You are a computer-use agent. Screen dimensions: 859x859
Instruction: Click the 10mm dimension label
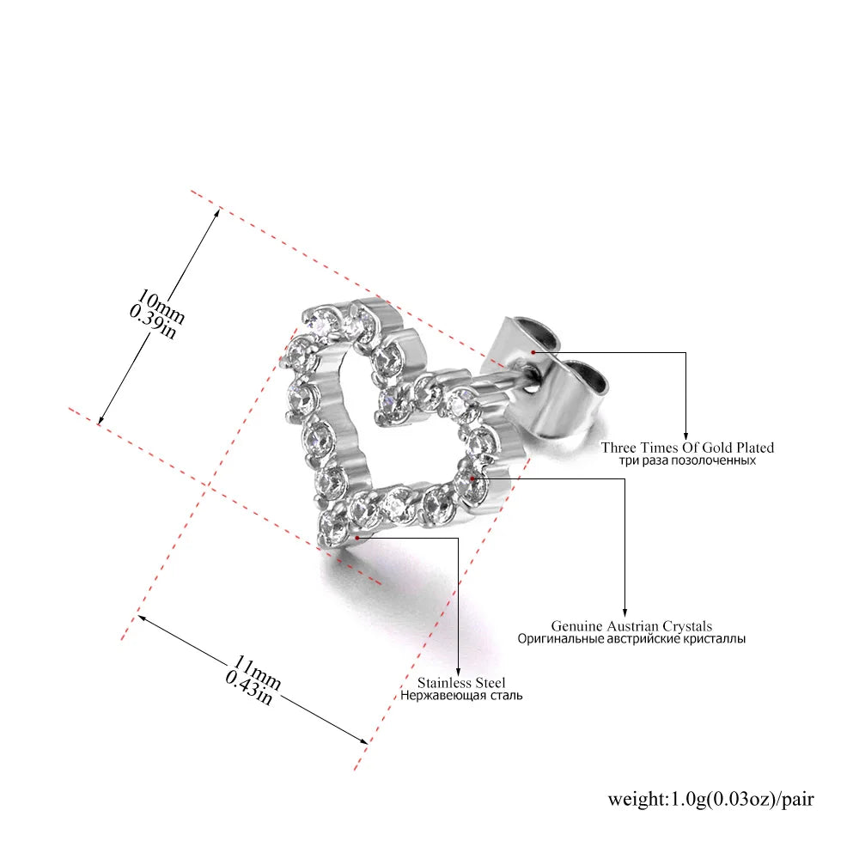(x=161, y=306)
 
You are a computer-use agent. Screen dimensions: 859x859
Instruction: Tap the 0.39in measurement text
(x=153, y=322)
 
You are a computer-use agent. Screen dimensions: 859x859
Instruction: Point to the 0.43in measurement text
(x=249, y=688)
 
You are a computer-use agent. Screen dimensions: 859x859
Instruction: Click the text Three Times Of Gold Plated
(x=687, y=448)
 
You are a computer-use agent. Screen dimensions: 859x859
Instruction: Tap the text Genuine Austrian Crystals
(x=631, y=625)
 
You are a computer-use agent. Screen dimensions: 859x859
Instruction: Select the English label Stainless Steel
(x=461, y=683)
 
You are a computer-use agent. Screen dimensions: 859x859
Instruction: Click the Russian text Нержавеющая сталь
(x=461, y=696)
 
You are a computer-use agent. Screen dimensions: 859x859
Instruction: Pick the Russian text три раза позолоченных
(x=687, y=460)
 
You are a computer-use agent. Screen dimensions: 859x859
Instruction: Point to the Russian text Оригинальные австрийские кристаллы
(x=631, y=639)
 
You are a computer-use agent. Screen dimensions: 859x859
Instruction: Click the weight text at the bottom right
(x=710, y=799)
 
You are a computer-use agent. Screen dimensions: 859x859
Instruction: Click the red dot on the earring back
(x=533, y=352)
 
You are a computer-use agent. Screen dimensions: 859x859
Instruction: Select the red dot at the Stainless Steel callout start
(x=357, y=538)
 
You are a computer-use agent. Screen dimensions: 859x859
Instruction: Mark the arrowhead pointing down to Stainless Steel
(x=459, y=673)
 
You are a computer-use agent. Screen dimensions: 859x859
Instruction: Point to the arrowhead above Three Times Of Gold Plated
(x=685, y=435)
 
